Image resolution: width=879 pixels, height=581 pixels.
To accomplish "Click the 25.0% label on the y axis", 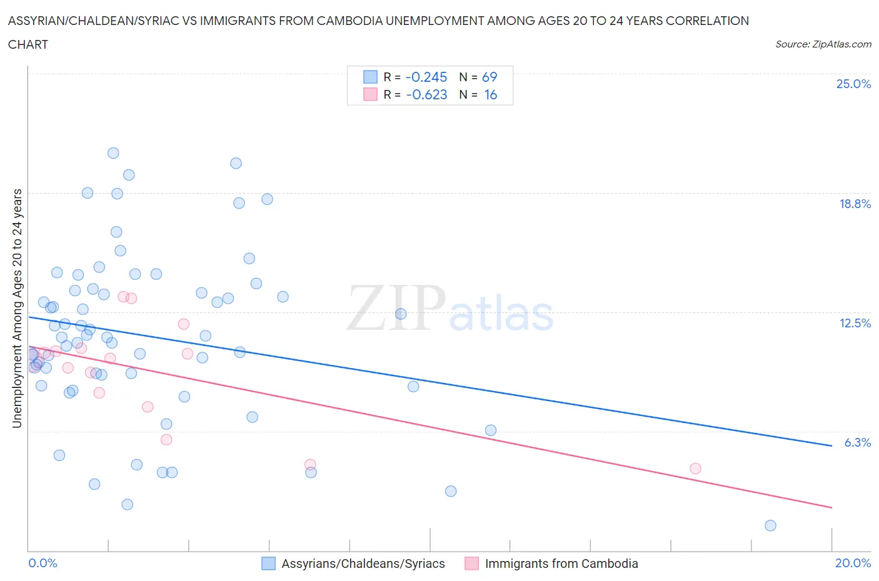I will [853, 84].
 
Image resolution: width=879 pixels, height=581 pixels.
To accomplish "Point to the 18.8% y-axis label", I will [855, 204].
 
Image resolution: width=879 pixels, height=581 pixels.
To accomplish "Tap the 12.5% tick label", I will [855, 323].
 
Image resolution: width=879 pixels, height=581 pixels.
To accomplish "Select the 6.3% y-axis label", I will [857, 442].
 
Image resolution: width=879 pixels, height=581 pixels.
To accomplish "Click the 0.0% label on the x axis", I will [43, 563].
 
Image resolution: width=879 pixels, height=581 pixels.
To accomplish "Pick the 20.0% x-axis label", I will [853, 563].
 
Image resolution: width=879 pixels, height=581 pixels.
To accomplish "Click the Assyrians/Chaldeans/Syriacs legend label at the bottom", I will [363, 564].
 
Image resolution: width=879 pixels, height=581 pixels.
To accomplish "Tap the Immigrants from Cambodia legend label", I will [561, 564].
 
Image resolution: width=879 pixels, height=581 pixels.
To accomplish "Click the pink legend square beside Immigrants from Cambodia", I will [471, 564].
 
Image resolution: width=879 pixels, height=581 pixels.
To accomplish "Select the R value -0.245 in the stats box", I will [426, 77].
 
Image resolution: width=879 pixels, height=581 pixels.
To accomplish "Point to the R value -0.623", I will [426, 94].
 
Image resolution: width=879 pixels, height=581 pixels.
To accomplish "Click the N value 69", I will [490, 77].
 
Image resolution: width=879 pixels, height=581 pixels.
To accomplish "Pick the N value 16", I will [491, 94].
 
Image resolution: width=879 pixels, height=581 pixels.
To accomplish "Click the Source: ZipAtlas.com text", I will [823, 44].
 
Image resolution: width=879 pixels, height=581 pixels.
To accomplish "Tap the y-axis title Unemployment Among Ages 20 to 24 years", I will [18, 309].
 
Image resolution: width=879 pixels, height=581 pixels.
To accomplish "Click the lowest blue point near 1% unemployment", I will [770, 525].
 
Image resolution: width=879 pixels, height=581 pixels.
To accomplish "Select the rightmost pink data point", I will [695, 469].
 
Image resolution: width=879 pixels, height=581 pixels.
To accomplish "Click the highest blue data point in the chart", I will [113, 153].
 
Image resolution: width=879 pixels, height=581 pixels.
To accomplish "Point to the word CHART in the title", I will [28, 44].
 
